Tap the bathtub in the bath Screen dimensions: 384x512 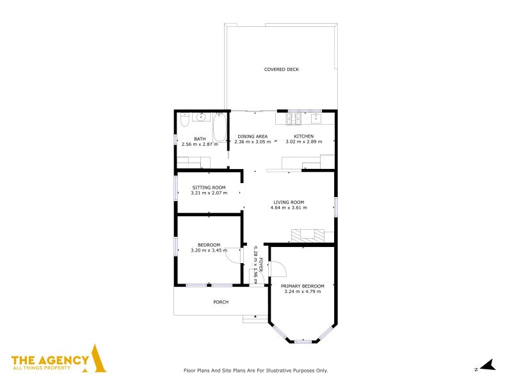pyautogui.click(x=220, y=127)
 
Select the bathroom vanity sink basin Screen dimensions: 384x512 pyautogui.click(x=201, y=117)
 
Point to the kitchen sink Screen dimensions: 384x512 pyautogui.click(x=316, y=118)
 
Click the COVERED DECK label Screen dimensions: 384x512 pyautogui.click(x=282, y=69)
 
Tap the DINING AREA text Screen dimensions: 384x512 pyautogui.click(x=252, y=136)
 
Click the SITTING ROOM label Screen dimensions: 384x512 pyautogui.click(x=209, y=188)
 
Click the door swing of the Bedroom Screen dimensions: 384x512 pyautogui.click(x=235, y=257)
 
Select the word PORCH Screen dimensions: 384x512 pyautogui.click(x=221, y=302)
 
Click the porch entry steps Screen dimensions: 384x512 pyautogui.click(x=255, y=318)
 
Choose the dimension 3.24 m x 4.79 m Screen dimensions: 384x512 pyautogui.click(x=303, y=291)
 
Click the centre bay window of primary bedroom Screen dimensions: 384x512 pyautogui.click(x=303, y=341)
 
